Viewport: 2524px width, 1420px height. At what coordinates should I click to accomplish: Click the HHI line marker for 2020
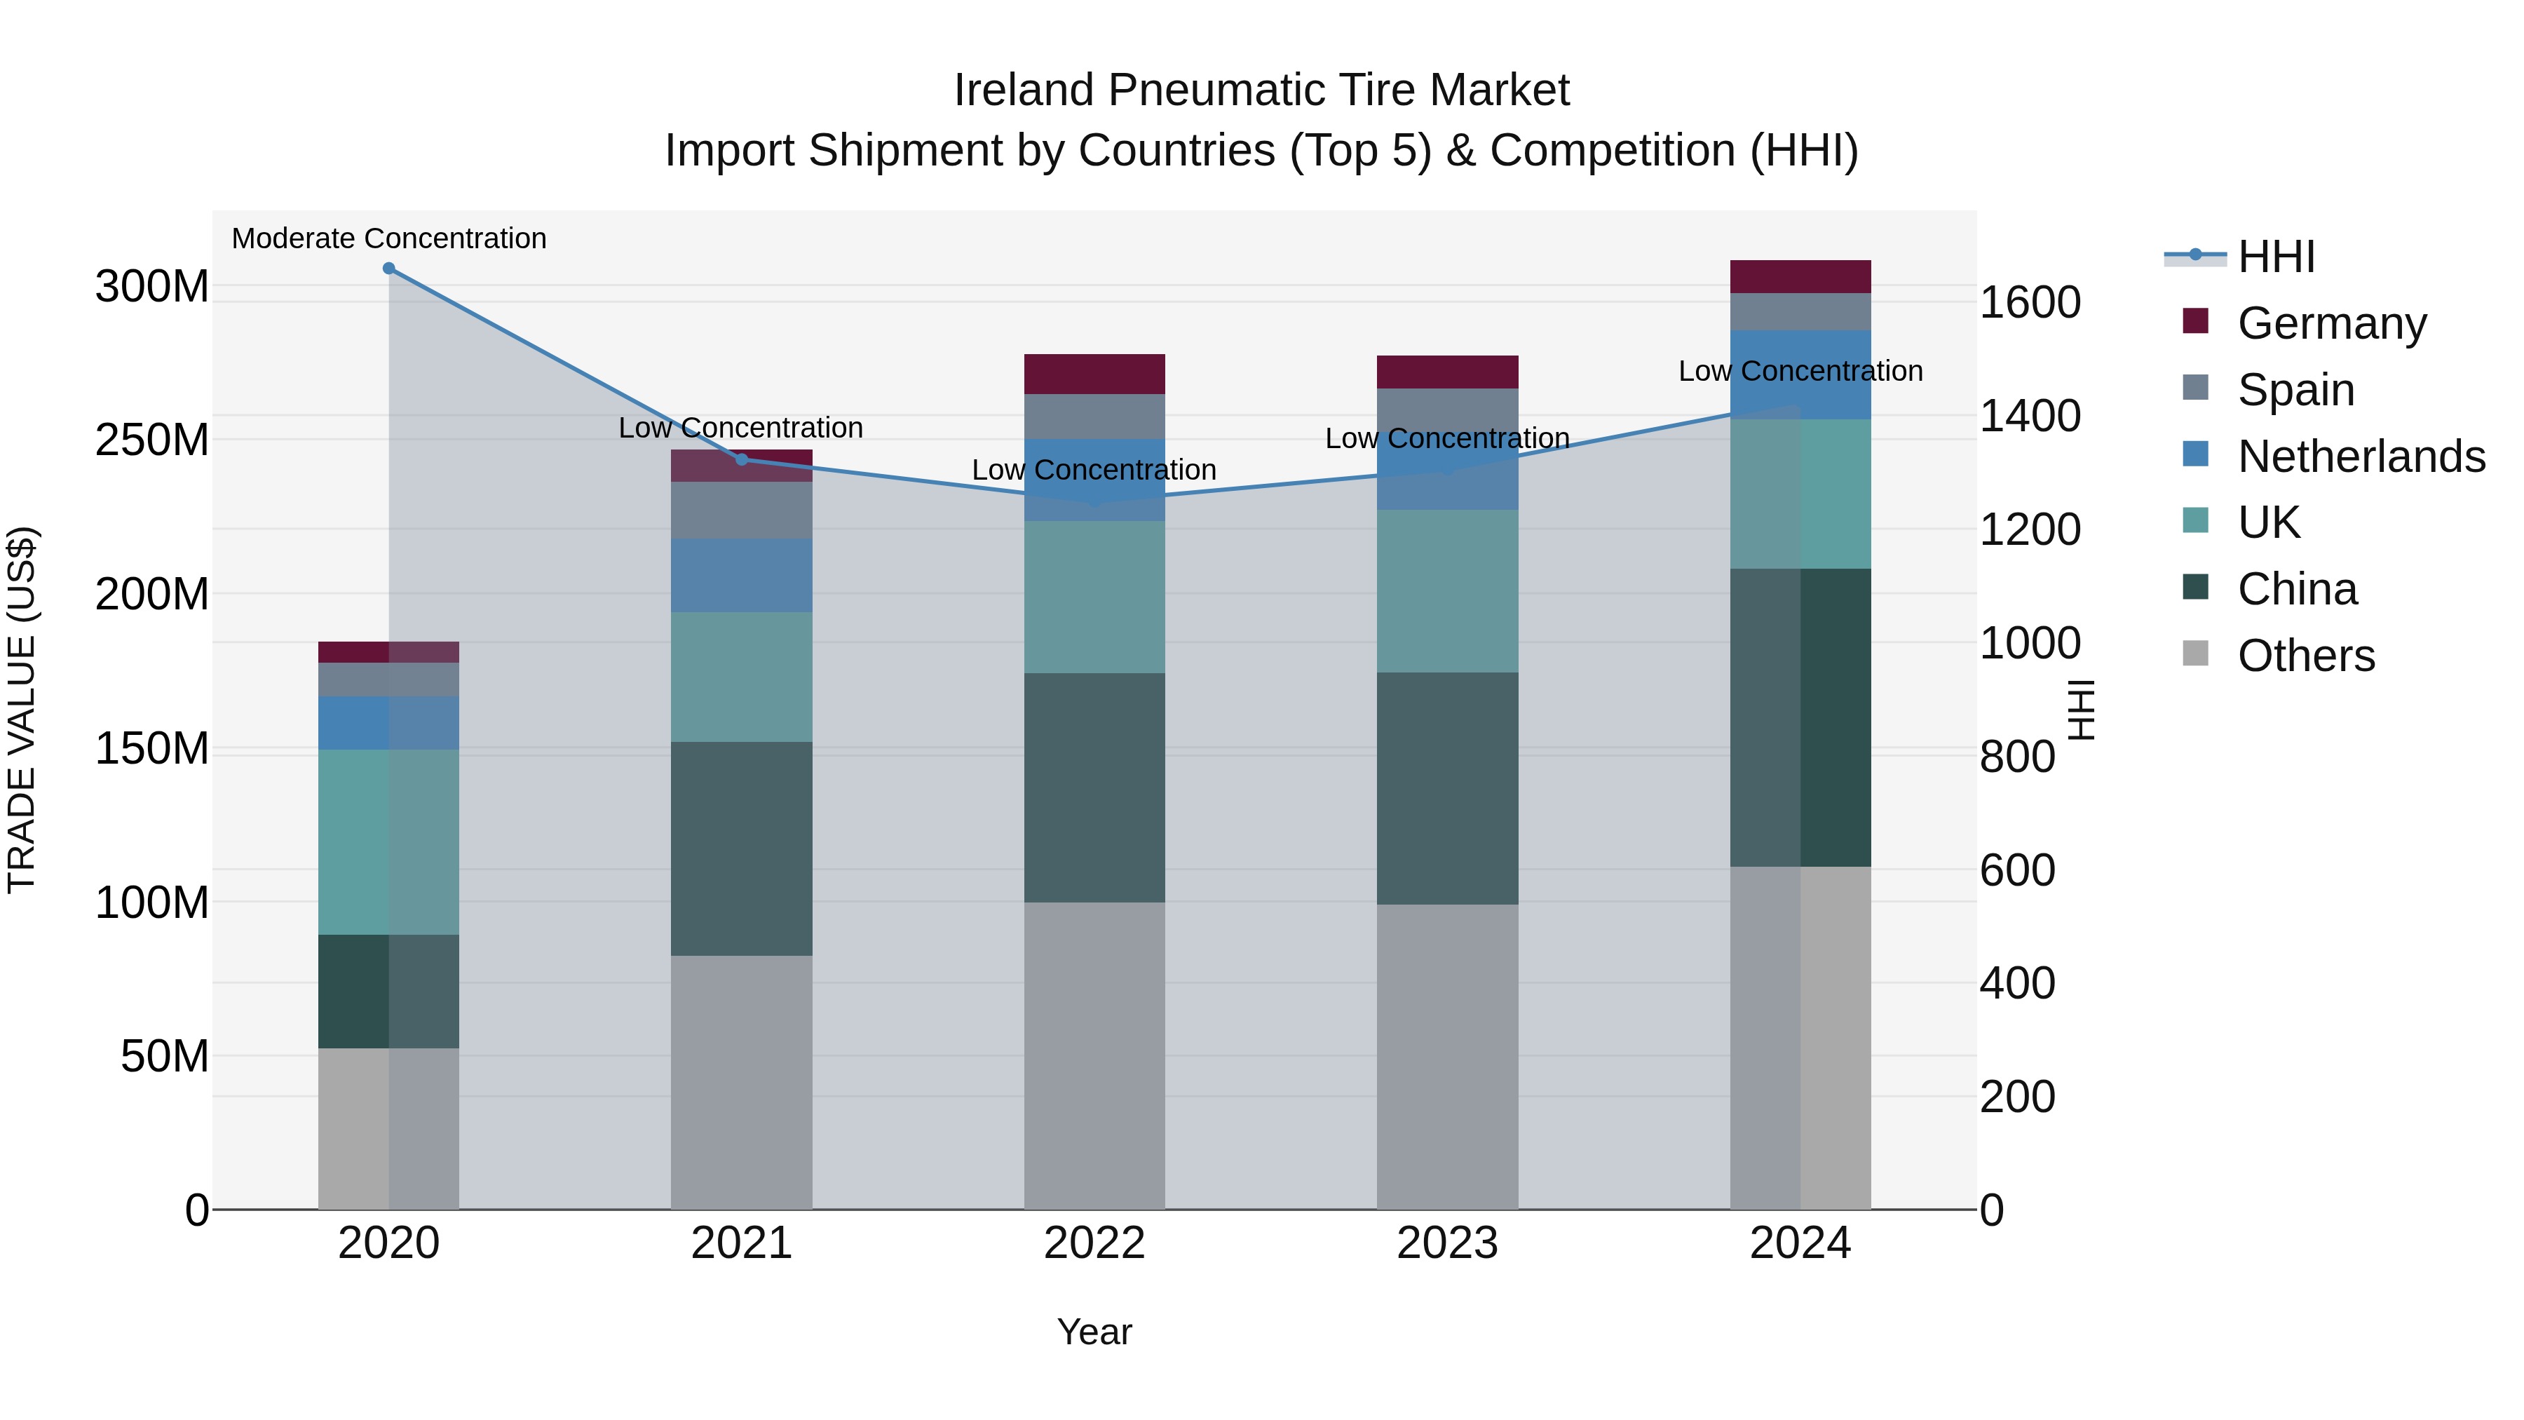(x=389, y=269)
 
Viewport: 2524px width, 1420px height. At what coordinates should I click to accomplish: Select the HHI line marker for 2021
(x=742, y=459)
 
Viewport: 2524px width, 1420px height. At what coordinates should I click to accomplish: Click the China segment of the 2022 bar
(x=1094, y=788)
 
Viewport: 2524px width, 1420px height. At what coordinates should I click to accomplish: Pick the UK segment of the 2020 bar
(x=389, y=841)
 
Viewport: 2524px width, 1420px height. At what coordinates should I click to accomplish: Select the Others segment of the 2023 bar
(x=1447, y=1057)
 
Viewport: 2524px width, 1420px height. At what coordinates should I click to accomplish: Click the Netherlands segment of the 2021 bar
(x=742, y=575)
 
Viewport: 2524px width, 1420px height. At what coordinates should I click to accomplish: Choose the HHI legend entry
(x=2275, y=257)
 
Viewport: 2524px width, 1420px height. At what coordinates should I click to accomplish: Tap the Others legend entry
(x=2305, y=656)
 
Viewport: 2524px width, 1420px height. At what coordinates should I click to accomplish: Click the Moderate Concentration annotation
(x=389, y=238)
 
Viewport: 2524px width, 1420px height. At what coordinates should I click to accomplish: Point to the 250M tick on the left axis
(x=152, y=440)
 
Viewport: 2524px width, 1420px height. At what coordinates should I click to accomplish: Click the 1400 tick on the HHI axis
(x=2030, y=416)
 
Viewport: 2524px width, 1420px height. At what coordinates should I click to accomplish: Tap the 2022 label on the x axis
(x=1094, y=1243)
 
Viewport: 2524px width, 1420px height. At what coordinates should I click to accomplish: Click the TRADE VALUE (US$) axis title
(x=22, y=710)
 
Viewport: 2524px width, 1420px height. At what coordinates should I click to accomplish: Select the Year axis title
(x=1094, y=1332)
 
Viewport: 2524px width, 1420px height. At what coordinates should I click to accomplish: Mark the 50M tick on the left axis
(x=165, y=1057)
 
